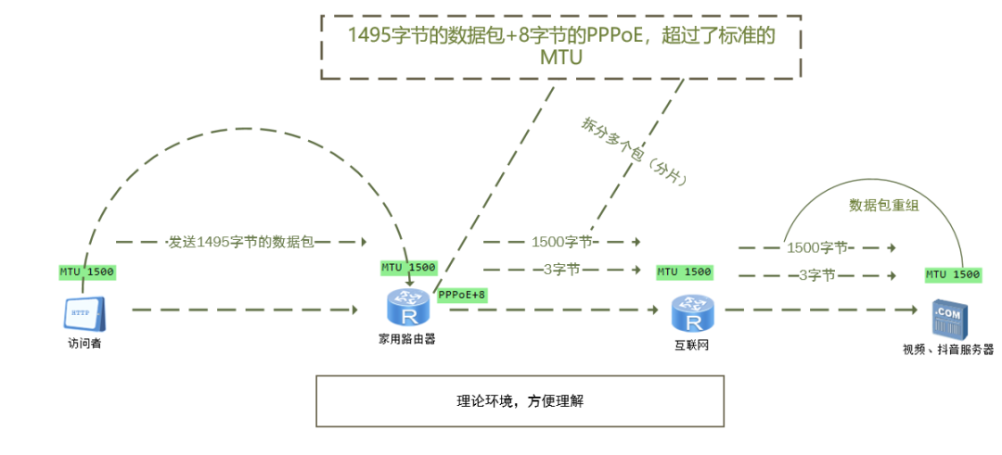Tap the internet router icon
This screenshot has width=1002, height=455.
click(x=692, y=313)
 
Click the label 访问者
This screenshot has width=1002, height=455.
click(x=85, y=343)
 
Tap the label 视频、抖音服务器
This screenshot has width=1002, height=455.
click(x=947, y=350)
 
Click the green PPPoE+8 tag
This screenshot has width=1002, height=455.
click(x=462, y=295)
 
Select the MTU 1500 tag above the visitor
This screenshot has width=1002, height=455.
click(x=87, y=272)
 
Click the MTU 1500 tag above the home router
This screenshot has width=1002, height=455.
click(x=408, y=268)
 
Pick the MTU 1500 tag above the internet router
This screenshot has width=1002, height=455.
click(x=684, y=272)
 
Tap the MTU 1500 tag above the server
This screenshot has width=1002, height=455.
click(x=953, y=274)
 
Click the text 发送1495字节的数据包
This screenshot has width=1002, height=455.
click(x=241, y=242)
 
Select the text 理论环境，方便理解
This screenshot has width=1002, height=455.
click(x=520, y=401)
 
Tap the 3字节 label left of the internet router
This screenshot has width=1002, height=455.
click(x=561, y=270)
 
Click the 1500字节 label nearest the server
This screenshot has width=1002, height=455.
click(x=817, y=247)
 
